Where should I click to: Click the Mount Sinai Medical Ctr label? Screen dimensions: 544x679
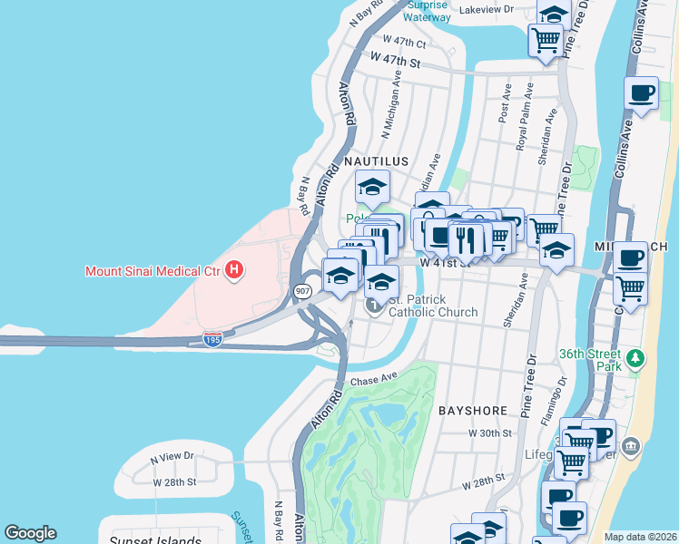[153, 270]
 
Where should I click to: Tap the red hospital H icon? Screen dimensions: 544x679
[235, 269]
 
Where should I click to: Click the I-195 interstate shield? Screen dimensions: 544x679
[212, 338]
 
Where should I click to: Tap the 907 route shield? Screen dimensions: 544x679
[302, 291]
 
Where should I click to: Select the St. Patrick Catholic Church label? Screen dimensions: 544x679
[433, 306]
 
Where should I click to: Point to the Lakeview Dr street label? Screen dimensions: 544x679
[487, 10]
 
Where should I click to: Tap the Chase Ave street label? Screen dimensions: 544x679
[375, 380]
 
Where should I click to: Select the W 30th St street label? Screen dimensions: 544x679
[491, 433]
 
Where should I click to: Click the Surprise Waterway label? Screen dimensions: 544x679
[428, 11]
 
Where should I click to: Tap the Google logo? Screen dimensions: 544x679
[30, 533]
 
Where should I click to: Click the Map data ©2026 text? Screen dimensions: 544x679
[640, 537]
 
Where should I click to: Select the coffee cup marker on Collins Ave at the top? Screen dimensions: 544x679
[641, 93]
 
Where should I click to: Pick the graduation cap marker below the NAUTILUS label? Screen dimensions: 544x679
[371, 188]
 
